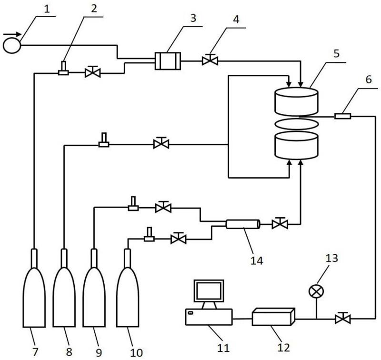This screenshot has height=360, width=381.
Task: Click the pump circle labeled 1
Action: [12, 45]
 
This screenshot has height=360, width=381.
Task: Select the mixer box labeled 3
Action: [168, 61]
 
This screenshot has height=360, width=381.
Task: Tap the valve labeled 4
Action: [209, 60]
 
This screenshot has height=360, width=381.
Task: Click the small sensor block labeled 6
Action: [342, 116]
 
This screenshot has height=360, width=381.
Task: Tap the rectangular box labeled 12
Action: [273, 317]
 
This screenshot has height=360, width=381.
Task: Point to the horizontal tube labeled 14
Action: [242, 224]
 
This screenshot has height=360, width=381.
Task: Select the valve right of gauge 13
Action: [342, 318]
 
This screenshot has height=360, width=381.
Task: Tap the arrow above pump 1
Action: [12, 34]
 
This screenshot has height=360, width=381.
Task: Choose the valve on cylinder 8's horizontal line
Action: [161, 143]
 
